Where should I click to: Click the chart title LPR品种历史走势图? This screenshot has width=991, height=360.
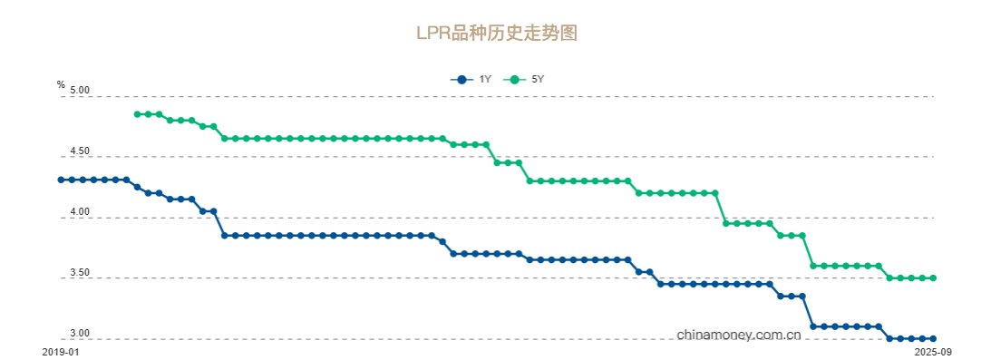click(496, 34)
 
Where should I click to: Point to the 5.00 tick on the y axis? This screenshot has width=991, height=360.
click(79, 91)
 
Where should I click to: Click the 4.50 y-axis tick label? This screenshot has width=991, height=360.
click(79, 151)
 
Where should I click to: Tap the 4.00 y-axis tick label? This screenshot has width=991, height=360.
click(79, 212)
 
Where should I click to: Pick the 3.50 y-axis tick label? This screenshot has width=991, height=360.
click(79, 273)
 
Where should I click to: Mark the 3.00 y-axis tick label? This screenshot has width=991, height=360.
click(79, 334)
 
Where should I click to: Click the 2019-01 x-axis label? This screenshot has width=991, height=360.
click(61, 350)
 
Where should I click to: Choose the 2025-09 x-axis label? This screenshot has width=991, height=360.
click(933, 350)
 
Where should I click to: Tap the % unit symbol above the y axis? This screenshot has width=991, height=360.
click(61, 84)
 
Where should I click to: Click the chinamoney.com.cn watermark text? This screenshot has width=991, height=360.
click(739, 335)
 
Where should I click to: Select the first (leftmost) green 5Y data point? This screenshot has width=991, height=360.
click(137, 114)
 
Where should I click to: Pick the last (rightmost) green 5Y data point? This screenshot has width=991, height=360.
click(933, 278)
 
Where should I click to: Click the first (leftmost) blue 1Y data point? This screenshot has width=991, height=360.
click(61, 180)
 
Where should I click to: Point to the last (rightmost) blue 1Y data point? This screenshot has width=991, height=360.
click(933, 338)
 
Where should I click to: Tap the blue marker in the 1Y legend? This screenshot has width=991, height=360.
click(461, 80)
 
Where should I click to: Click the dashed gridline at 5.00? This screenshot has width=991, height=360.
click(544, 96)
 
